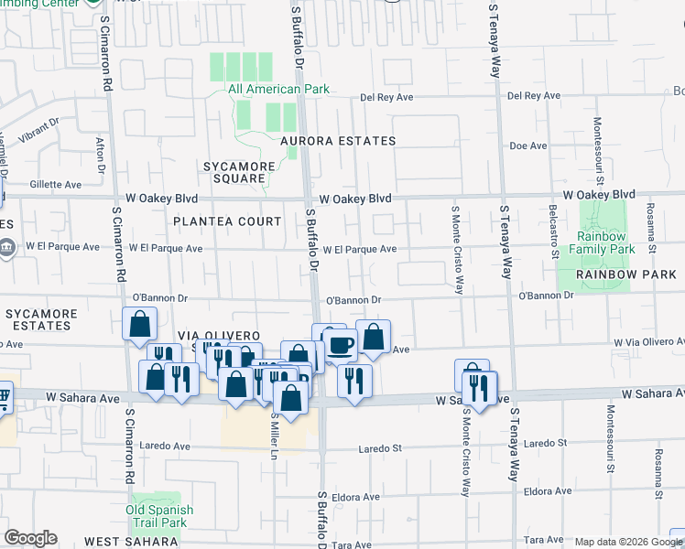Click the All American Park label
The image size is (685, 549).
(x=278, y=90)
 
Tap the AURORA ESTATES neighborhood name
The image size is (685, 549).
(x=338, y=141)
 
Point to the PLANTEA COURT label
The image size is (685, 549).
(x=227, y=221)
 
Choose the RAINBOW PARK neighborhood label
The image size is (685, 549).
(x=613, y=274)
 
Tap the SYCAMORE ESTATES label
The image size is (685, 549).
(x=41, y=319)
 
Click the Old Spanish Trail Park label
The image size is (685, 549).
(x=159, y=516)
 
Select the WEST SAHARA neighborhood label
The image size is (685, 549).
(x=124, y=542)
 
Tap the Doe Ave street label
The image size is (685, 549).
(x=527, y=145)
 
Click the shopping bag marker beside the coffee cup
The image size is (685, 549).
(x=373, y=337)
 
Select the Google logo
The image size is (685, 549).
(x=30, y=538)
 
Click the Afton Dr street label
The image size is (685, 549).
(x=100, y=153)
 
